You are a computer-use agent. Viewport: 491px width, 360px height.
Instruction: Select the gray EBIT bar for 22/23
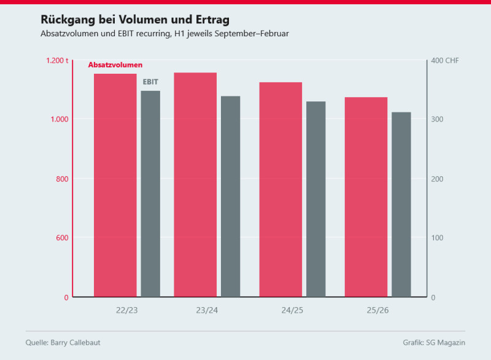point(150,194)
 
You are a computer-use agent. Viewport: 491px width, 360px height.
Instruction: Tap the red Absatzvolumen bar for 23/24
point(195,185)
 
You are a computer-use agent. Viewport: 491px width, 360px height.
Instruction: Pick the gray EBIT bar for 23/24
point(231,197)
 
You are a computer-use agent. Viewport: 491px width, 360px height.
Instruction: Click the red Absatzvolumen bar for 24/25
point(280,190)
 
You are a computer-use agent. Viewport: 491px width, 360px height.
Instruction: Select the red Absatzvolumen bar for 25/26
point(366,197)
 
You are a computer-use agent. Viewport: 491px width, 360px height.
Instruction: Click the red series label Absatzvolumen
point(115,65)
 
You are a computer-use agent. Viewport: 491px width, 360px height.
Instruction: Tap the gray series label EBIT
point(151,81)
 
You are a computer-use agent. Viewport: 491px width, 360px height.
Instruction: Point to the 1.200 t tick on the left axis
point(57,60)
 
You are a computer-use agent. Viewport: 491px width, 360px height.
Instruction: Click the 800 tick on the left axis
point(62,179)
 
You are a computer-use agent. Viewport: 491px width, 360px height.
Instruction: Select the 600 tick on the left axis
point(62,238)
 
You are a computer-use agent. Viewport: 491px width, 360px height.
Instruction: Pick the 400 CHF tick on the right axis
point(445,60)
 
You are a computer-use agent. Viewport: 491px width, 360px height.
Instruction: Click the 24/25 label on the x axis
point(292,310)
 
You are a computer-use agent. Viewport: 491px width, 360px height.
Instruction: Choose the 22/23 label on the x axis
point(126,310)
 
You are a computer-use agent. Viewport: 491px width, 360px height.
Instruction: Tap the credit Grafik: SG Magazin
point(434,342)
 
